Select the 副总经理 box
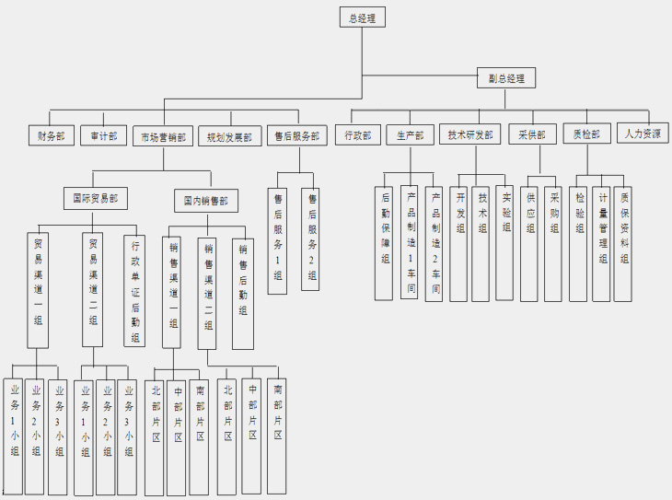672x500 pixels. (506, 78)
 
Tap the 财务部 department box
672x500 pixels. (51, 135)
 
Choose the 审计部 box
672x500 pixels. (103, 135)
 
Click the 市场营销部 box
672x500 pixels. (163, 136)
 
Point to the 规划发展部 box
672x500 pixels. (229, 137)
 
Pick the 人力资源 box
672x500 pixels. (643, 134)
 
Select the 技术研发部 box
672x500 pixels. (469, 134)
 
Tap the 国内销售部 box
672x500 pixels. (205, 199)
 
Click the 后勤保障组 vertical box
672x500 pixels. (386, 241)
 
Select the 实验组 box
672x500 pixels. (504, 241)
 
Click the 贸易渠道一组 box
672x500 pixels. (38, 287)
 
